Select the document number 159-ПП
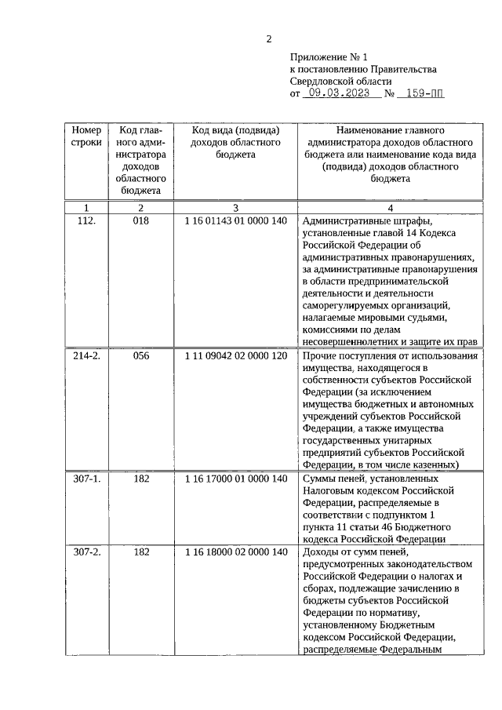point(420,93)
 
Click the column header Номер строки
point(86,137)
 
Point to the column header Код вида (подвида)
point(236,129)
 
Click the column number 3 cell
point(235,207)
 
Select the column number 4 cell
point(390,207)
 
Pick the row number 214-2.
point(86,356)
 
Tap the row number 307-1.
point(86,478)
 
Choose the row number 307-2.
point(86,552)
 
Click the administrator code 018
point(141,221)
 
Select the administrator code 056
point(141,356)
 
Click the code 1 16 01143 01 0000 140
point(235,221)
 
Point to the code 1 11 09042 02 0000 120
point(235,356)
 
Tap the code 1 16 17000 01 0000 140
point(235,478)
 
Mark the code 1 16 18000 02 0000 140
point(235,552)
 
